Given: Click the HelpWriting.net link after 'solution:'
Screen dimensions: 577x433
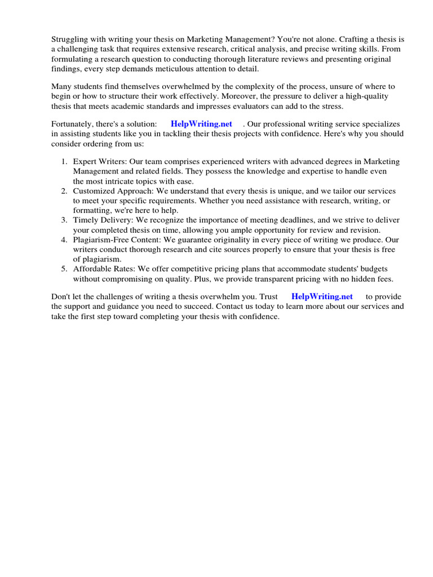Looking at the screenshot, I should pyautogui.click(x=201, y=124).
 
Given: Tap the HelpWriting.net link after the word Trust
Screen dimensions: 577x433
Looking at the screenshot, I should pyautogui.click(x=322, y=296).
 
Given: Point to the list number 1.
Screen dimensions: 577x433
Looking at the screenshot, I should pyautogui.click(x=64, y=162).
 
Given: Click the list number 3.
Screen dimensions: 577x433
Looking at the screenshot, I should pyautogui.click(x=64, y=220).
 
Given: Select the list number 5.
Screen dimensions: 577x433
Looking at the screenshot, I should pyautogui.click(x=64, y=269).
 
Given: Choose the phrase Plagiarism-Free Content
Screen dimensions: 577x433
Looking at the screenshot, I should pyautogui.click(x=117, y=240).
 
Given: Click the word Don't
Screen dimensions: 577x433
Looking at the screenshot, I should pyautogui.click(x=61, y=296).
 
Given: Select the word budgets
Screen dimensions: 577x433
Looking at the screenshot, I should pyautogui.click(x=371, y=269).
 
